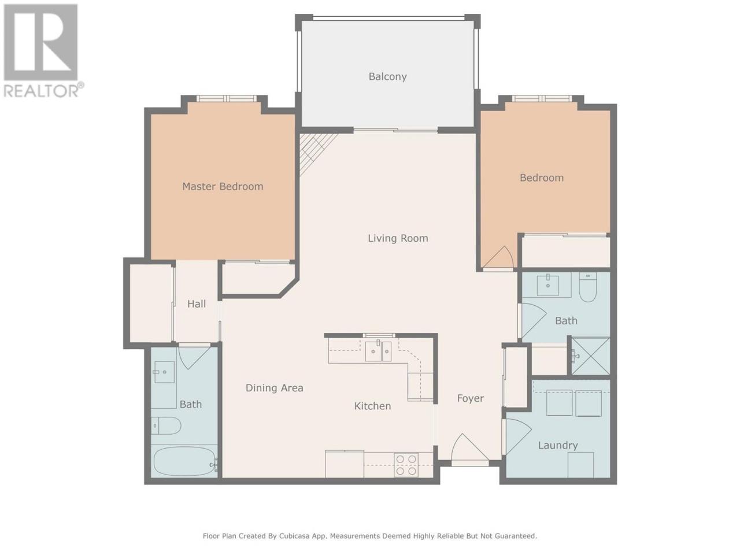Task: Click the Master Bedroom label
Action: click(x=223, y=186)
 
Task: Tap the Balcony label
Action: click(x=388, y=76)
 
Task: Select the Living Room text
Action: click(x=398, y=238)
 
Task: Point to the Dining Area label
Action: click(x=275, y=388)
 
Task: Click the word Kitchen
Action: click(x=372, y=406)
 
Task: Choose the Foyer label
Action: click(x=470, y=398)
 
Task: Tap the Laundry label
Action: click(x=558, y=446)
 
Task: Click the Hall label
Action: click(x=197, y=304)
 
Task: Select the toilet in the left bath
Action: click(x=166, y=425)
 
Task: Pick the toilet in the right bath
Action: click(x=589, y=287)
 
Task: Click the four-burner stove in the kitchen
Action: click(x=406, y=465)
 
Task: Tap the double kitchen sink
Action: click(x=378, y=351)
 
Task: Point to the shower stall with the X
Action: click(x=590, y=356)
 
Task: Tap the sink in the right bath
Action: click(x=547, y=285)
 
